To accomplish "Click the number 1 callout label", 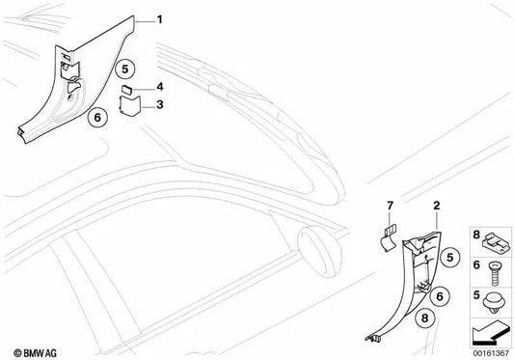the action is pyautogui.click(x=160, y=20).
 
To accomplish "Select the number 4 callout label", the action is pyautogui.click(x=160, y=87).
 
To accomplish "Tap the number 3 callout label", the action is pyautogui.click(x=160, y=104).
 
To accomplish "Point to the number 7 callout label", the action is pyautogui.click(x=390, y=206).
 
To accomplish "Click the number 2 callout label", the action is pyautogui.click(x=436, y=206).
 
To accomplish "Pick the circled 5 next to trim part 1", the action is pyautogui.click(x=125, y=69).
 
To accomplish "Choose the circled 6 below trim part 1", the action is pyautogui.click(x=97, y=117).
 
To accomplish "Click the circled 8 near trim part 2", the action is pyautogui.click(x=425, y=318).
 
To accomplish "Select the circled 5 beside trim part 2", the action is pyautogui.click(x=450, y=258).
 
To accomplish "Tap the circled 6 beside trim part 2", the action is pyautogui.click(x=440, y=296).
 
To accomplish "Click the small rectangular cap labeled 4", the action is pyautogui.click(x=127, y=89).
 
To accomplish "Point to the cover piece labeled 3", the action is pyautogui.click(x=130, y=105).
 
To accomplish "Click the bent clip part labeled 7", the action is pyautogui.click(x=388, y=238).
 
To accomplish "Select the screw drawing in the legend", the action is pyautogui.click(x=494, y=273).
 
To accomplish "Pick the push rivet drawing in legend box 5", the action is pyautogui.click(x=495, y=302).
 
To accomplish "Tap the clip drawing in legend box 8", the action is pyautogui.click(x=496, y=242).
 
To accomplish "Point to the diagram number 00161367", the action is pyautogui.click(x=491, y=353).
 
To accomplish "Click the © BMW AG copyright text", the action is pyautogui.click(x=35, y=353).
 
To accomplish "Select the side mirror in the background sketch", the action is pyautogui.click(x=319, y=251).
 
